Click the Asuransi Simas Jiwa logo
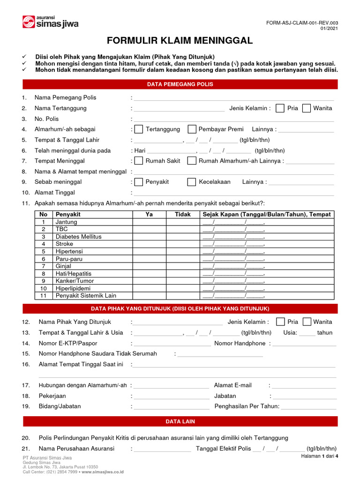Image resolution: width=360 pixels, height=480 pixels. click(50, 22)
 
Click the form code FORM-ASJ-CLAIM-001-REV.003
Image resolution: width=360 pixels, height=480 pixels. click(301, 22)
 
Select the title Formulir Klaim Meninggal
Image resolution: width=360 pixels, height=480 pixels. click(180, 41)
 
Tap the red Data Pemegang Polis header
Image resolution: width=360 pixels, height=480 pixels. click(180, 84)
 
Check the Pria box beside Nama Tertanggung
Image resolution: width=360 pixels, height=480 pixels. click(280, 108)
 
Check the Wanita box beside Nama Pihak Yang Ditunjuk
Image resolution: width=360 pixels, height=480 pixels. click(307, 322)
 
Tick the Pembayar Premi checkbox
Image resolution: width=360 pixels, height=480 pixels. click(192, 129)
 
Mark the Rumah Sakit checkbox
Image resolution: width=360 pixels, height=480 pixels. click(139, 161)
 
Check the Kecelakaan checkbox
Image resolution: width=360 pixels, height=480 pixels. click(192, 182)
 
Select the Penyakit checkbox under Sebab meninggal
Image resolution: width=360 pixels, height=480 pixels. click(139, 182)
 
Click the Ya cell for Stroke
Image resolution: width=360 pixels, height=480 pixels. click(150, 244)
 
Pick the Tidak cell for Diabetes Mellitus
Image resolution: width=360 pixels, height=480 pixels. click(183, 237)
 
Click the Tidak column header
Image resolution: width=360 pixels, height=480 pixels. click(183, 214)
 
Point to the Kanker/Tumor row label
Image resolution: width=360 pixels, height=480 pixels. click(75, 281)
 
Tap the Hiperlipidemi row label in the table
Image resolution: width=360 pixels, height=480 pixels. click(73, 288)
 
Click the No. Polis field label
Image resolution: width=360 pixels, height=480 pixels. click(46, 119)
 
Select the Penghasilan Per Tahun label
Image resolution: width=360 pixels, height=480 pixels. click(247, 406)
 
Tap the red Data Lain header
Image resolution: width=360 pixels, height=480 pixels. click(180, 421)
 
